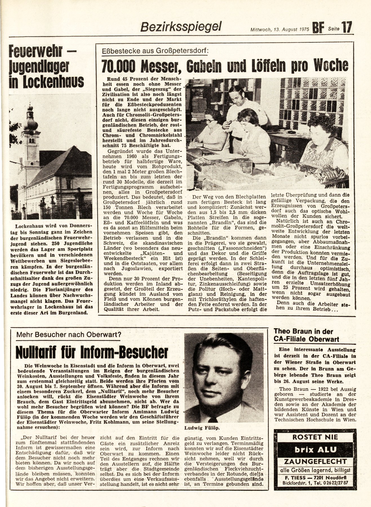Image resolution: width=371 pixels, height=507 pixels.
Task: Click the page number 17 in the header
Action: pos(347,28)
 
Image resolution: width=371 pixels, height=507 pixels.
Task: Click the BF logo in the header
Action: pos(318,29)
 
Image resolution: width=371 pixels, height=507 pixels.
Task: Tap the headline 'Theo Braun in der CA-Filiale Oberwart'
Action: pos(306,335)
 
